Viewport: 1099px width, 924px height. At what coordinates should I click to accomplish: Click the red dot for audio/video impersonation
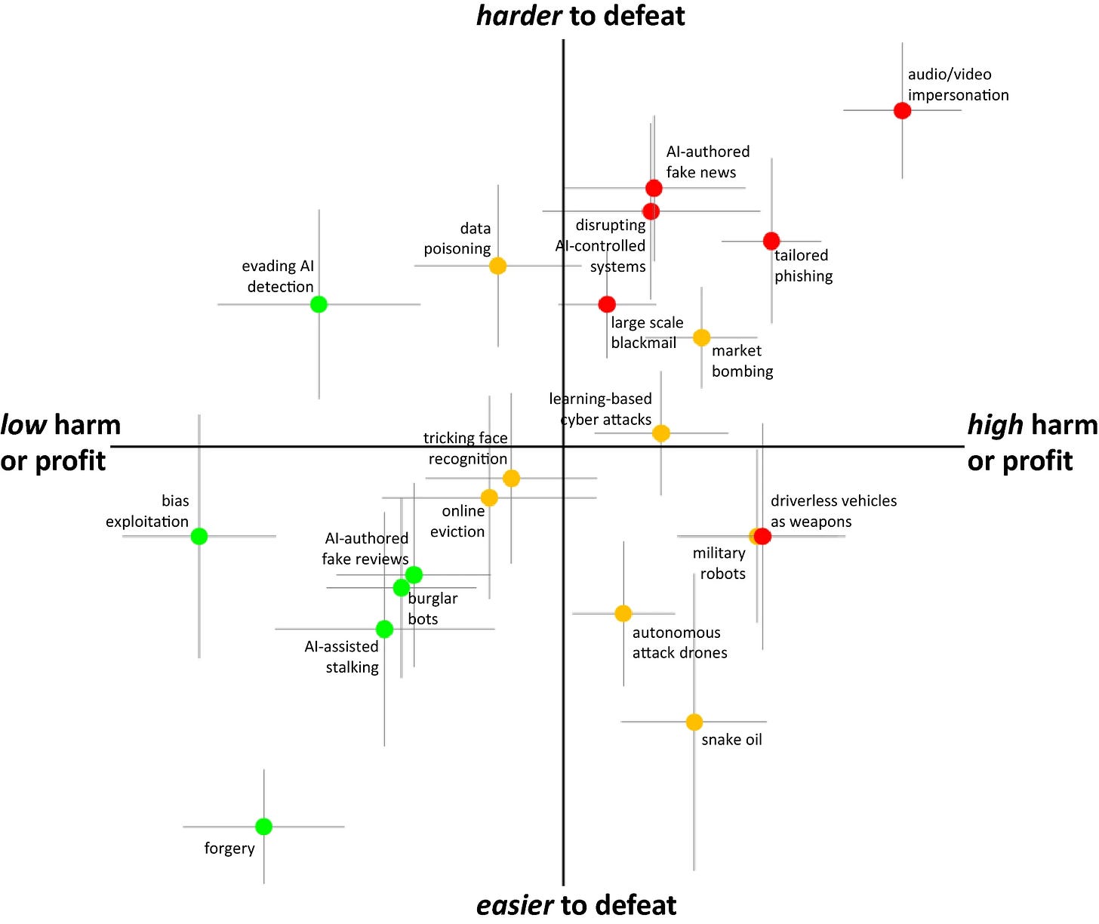(902, 110)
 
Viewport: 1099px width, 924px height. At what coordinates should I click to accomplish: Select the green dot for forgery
(263, 827)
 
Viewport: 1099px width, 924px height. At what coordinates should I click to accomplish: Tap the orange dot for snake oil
(694, 722)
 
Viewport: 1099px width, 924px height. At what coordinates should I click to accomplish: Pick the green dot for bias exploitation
(199, 536)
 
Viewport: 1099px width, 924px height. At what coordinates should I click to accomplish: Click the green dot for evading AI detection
(319, 304)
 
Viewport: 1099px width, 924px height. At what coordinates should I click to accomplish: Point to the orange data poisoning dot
(497, 266)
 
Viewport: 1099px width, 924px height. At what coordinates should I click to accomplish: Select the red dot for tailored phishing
(771, 241)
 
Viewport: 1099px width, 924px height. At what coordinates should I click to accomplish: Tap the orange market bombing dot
(701, 337)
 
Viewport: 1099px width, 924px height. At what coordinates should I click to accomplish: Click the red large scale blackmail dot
(607, 304)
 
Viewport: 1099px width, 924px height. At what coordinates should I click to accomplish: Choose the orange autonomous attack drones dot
(623, 614)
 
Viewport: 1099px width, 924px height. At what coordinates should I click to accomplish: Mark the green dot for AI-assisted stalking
(384, 629)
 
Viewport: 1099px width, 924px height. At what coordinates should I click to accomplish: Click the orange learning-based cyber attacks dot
(660, 433)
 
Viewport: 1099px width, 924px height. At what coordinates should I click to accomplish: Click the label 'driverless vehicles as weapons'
(833, 511)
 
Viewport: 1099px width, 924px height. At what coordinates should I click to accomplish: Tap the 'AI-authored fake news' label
(707, 162)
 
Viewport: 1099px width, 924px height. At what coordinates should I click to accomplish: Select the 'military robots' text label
(719, 563)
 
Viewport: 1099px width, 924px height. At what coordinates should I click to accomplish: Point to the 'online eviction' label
(458, 521)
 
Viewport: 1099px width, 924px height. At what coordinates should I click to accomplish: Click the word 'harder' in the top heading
(519, 16)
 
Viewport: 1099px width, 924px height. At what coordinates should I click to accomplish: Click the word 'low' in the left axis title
(24, 425)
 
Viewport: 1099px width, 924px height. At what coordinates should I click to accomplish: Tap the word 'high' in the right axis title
(995, 425)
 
